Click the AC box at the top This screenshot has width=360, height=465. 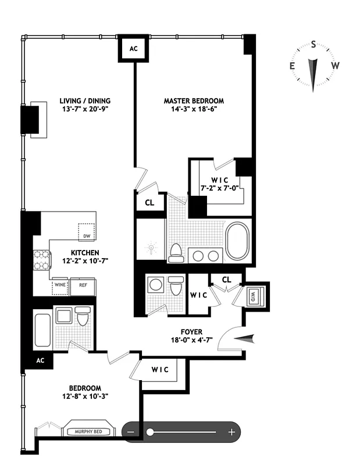coord(133,49)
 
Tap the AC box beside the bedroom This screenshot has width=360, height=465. coord(40,360)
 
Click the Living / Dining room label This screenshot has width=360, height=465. coord(84,101)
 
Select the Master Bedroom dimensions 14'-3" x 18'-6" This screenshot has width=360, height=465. coord(194,109)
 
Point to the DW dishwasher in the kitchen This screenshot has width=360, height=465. coord(87,232)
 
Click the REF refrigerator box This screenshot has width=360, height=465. coord(83,285)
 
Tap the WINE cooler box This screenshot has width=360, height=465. coord(60,285)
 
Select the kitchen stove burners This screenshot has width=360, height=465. coord(42,260)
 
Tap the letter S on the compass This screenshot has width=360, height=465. coord(313,44)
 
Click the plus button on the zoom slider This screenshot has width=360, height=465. coord(231,432)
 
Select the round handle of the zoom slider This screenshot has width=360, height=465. coord(150,432)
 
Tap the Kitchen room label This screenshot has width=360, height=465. coord(85,253)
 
